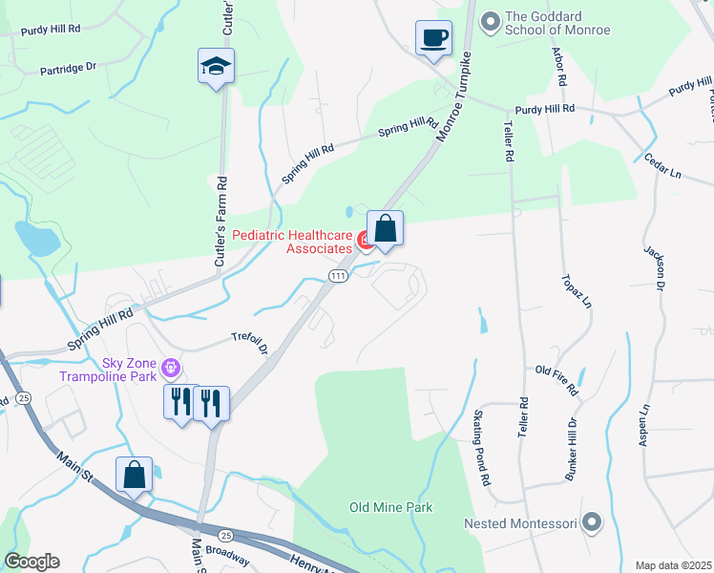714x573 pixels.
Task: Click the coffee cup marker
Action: (433, 38)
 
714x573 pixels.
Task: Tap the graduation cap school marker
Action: (216, 67)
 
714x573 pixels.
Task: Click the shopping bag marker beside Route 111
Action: (385, 229)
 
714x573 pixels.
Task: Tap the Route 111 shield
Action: (338, 276)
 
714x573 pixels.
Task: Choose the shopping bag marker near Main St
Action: (134, 474)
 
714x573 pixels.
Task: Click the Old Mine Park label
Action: (391, 507)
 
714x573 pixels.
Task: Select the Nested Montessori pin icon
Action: (592, 521)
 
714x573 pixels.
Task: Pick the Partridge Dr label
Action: (68, 71)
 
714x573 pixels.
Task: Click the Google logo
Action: (31, 562)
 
